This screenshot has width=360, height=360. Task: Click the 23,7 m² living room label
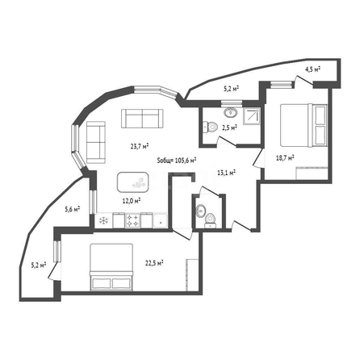point(140,146)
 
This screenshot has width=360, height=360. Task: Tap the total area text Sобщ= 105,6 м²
point(177,161)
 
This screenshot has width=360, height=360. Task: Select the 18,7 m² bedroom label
point(285,157)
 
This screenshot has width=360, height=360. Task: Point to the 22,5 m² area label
point(154,263)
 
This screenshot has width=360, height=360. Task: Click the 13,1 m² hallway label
point(227,173)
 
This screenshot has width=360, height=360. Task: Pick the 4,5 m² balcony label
point(312,69)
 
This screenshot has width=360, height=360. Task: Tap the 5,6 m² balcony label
point(73,208)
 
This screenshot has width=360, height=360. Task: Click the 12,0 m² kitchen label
point(132,200)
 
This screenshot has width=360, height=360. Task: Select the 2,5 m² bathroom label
point(229,128)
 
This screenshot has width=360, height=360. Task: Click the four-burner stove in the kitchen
point(133,220)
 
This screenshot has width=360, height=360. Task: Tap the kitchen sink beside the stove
point(160,221)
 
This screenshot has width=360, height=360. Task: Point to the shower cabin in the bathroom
point(252,116)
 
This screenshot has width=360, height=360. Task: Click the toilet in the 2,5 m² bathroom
point(210,126)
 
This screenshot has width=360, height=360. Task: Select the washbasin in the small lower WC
point(200,211)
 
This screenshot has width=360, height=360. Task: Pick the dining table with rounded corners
point(132,182)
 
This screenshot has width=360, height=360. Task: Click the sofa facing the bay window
point(142,119)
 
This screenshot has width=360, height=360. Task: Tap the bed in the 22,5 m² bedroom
point(111,267)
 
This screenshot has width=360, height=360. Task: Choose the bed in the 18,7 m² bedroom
point(304,125)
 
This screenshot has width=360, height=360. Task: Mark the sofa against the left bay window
point(96,142)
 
